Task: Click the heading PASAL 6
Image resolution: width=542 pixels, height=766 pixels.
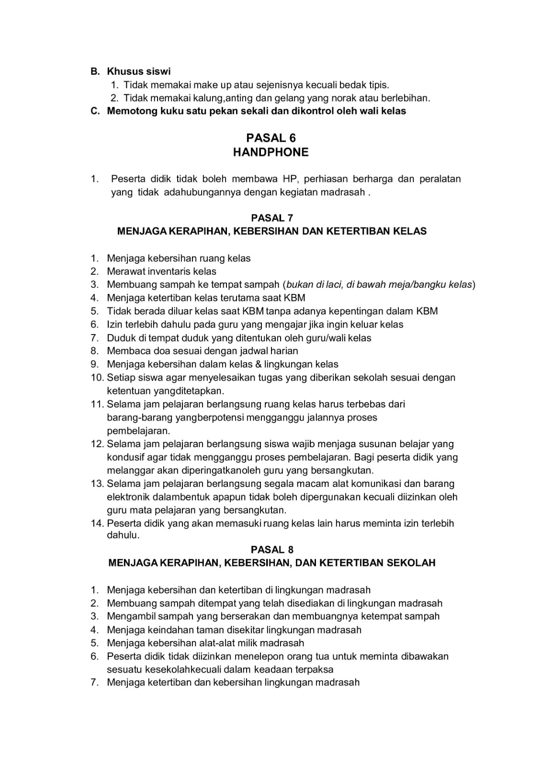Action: click(271, 138)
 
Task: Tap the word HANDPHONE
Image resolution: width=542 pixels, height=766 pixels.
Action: click(271, 152)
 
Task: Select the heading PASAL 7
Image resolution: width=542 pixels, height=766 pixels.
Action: click(272, 218)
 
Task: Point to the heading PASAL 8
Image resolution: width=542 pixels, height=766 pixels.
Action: click(272, 549)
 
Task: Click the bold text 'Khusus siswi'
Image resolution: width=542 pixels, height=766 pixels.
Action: click(139, 72)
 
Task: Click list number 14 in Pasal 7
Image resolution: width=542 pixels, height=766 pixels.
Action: click(97, 523)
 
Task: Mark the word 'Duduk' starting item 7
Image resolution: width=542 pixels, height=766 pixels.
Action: click(120, 338)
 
